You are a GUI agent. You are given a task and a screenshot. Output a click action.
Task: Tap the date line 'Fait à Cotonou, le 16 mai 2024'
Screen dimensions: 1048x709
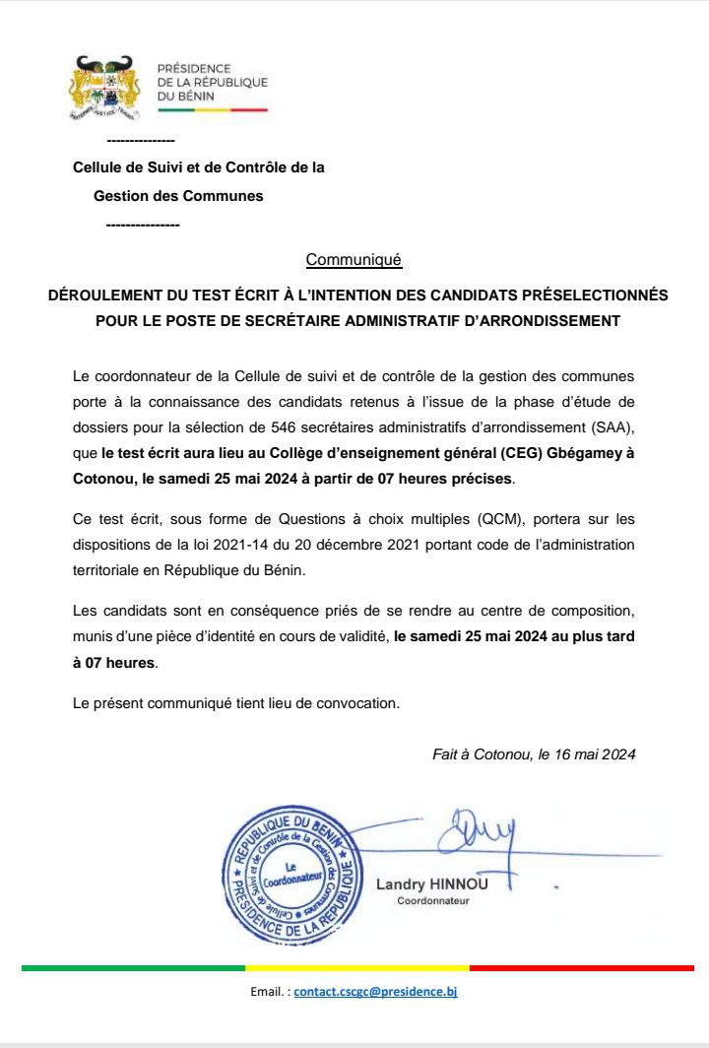[534, 754]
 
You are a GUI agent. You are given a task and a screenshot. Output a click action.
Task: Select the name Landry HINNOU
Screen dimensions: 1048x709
[431, 884]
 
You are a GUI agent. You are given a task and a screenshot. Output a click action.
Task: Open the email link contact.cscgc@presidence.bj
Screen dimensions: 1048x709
[375, 993]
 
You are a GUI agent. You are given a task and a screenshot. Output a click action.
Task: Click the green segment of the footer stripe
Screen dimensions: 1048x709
[133, 968]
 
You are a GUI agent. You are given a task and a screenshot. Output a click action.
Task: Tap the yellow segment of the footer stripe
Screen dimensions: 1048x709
[356, 968]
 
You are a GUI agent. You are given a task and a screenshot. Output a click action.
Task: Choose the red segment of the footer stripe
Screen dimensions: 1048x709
[581, 968]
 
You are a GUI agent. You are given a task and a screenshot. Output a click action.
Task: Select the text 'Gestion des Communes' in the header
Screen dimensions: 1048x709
[178, 196]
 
